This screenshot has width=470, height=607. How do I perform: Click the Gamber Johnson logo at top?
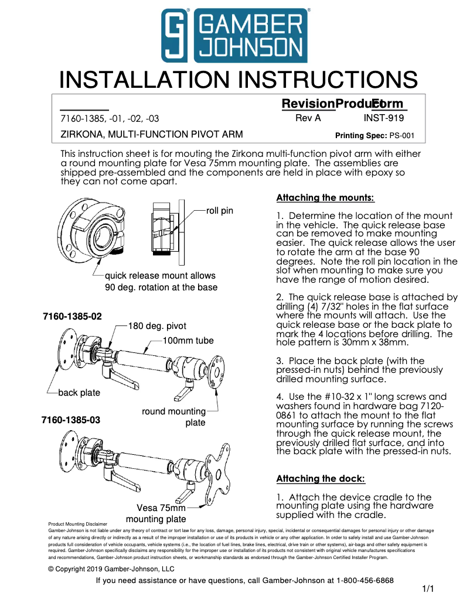click(235, 36)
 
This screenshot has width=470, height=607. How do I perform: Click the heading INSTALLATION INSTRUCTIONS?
click(239, 80)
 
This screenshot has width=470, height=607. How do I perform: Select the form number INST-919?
click(383, 118)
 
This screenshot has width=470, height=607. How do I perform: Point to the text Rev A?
click(308, 118)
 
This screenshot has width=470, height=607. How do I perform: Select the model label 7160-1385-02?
click(72, 317)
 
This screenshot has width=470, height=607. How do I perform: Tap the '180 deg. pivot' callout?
click(157, 327)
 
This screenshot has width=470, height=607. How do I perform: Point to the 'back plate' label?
click(79, 393)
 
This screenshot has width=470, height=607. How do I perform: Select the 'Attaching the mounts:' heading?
click(325, 198)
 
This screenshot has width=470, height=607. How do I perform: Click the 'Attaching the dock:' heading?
click(320, 479)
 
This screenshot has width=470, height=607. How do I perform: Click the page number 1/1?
click(427, 589)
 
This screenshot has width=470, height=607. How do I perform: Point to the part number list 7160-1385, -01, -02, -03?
click(110, 118)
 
